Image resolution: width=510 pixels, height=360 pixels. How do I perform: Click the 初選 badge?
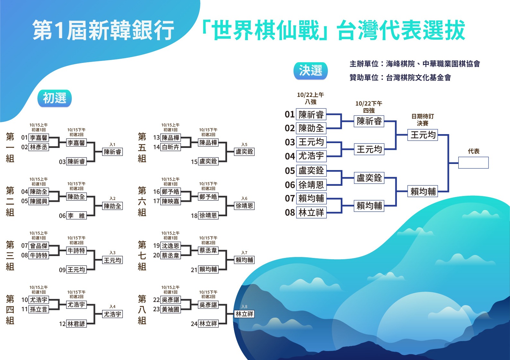coord(54,98)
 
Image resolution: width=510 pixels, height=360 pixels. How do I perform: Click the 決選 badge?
coord(311,71)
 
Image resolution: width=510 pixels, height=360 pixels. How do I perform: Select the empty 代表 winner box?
coord(473,163)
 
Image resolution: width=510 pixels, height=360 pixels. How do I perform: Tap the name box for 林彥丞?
coord(39,147)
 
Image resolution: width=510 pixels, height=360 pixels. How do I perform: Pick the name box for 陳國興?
coord(39,201)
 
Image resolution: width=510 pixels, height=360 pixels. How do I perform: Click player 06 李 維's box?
coord(76,215)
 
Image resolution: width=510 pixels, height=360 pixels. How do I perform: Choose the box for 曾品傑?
coord(39,245)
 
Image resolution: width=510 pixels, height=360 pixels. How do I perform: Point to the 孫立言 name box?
coord(39,309)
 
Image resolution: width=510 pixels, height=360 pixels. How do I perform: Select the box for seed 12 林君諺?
coord(76,324)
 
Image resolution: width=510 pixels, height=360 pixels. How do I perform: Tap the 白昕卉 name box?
coord(171,147)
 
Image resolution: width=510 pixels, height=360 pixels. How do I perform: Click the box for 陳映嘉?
coord(171,201)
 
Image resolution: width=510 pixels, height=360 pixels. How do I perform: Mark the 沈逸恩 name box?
coord(171,245)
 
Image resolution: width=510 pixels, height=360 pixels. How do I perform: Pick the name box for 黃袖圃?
coord(171,309)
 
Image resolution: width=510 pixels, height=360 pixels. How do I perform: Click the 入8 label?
coord(244,306)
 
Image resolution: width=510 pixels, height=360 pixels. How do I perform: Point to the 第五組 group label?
coord(142,148)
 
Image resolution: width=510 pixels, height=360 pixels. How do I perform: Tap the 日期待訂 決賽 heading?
coord(423,120)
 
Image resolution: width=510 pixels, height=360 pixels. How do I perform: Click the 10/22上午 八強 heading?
coord(311,98)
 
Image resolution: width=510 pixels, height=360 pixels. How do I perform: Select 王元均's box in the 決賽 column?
coord(423,135)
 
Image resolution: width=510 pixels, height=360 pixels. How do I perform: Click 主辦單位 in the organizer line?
coord(364,64)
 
